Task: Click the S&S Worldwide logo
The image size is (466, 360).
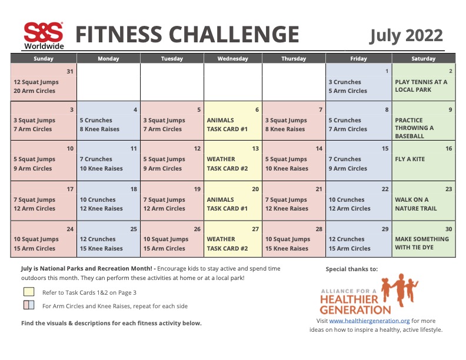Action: tap(44, 36)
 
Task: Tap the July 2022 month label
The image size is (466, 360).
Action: tap(405, 36)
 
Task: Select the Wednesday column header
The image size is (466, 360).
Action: tap(232, 58)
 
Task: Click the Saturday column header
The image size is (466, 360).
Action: tap(423, 58)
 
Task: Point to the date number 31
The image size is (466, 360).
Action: tap(70, 71)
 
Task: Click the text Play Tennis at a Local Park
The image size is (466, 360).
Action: tap(421, 86)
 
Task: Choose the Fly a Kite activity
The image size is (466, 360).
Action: tap(410, 159)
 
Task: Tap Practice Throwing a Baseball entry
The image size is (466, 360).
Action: tap(414, 128)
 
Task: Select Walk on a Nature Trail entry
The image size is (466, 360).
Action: tap(416, 204)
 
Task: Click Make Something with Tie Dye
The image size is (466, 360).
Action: tap(422, 243)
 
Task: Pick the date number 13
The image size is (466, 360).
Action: tap(255, 148)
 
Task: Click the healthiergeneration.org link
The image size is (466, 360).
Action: tap(370, 321)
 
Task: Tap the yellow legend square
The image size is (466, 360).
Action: tap(29, 292)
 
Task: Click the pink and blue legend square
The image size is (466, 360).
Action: tap(29, 305)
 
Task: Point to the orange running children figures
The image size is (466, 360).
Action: tap(400, 289)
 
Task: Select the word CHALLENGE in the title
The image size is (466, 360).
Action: tap(234, 34)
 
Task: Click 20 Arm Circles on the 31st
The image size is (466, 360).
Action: tap(34, 91)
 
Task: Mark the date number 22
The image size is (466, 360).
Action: tap(385, 189)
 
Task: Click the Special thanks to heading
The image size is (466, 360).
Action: tap(352, 269)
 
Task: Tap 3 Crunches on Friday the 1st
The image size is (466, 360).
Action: tap(345, 82)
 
